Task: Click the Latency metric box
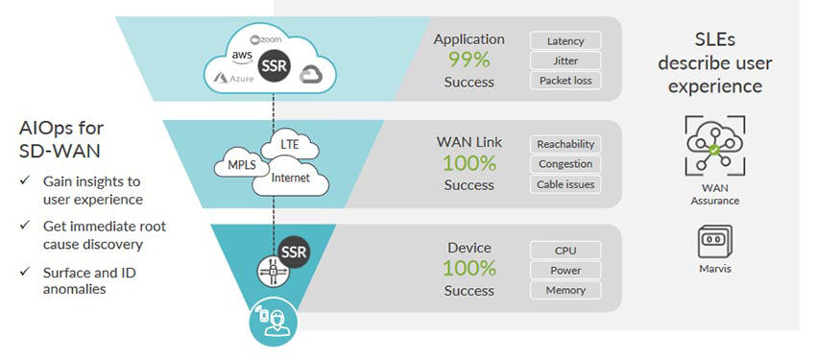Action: (565, 40)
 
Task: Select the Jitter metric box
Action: (565, 60)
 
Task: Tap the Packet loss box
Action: (565, 81)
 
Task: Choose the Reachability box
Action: (565, 144)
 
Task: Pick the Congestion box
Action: (565, 164)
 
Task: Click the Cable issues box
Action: (565, 184)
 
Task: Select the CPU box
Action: (565, 250)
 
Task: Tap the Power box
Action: (565, 270)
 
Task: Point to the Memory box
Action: (565, 290)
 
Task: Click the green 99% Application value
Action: (468, 60)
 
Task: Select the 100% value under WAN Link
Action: (468, 163)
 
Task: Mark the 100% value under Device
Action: (468, 269)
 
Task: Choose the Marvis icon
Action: (715, 241)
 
